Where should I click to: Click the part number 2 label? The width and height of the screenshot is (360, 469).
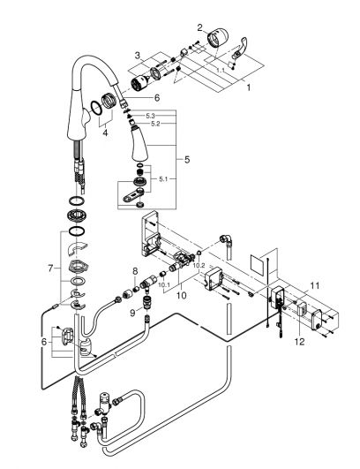coord(199,27)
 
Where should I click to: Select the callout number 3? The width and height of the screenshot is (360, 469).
coord(137,56)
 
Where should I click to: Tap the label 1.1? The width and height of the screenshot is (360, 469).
coord(221,70)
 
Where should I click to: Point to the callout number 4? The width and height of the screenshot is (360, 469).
coord(105,132)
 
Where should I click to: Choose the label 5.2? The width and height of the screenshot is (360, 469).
coord(155,124)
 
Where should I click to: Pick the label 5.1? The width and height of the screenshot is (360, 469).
coord(163,179)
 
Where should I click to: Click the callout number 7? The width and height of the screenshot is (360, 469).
coord(50,269)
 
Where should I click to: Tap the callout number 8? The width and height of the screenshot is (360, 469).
coord(135,271)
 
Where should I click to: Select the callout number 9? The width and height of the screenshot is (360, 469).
coord(132,313)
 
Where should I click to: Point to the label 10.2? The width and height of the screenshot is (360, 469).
coord(199,265)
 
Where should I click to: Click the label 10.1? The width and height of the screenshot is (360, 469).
coord(164,284)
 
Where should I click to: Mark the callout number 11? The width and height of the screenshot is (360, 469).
coord(314,285)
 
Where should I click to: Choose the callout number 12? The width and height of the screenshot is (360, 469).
coord(300,341)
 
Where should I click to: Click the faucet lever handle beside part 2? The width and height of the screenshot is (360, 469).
coord(240,48)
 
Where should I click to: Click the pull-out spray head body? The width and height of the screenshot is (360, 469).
coord(139,145)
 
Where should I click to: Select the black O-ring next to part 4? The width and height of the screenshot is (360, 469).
coord(96,108)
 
